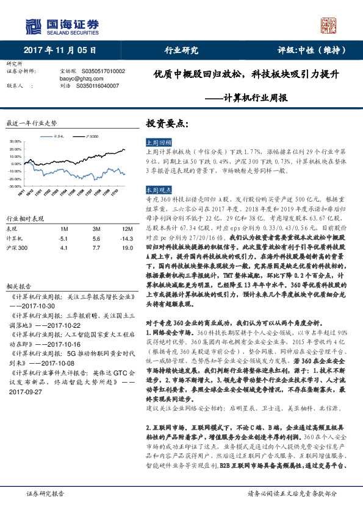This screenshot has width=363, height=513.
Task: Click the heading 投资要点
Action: coord(163,122)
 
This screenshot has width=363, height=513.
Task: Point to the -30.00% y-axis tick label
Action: coord(15,186)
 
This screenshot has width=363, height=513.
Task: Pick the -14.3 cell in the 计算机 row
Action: coord(126,239)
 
